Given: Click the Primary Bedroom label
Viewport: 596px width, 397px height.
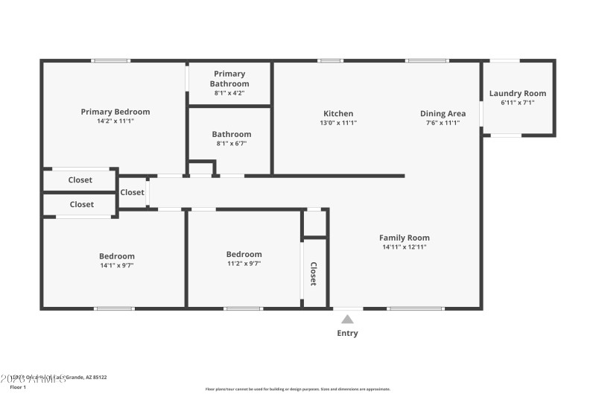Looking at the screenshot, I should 115,112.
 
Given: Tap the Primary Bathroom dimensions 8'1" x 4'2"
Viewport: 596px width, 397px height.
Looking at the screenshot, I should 229,93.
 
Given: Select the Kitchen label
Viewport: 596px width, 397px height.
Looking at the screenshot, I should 338,114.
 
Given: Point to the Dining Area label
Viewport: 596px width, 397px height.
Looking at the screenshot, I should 443,114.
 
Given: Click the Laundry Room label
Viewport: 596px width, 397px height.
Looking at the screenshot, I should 518,93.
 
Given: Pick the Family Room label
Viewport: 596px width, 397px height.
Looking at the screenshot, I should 405,238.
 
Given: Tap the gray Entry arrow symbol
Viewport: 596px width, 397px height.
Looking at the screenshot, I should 347,319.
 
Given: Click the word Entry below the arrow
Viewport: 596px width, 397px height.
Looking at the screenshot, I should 347,333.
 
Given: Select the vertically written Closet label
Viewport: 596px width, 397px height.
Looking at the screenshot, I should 314,273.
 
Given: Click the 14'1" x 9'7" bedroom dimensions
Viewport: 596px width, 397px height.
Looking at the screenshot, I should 117,264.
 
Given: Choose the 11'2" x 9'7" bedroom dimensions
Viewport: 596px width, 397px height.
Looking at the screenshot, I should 244,263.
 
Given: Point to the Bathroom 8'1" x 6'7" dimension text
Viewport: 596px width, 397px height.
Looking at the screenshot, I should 231,144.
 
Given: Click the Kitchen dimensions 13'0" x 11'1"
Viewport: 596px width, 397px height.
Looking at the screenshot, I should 338,123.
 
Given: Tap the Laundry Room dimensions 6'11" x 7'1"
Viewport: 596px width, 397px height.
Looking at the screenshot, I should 518,103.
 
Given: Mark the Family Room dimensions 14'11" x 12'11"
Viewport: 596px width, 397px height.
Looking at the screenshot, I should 405,247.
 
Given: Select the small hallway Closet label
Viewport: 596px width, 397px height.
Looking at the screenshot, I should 133,192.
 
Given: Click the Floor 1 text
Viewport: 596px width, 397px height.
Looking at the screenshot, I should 18,387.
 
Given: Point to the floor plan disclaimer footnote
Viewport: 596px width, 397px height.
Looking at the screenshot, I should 297,389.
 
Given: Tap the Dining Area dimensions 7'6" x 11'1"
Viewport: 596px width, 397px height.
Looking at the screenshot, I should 443,123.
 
